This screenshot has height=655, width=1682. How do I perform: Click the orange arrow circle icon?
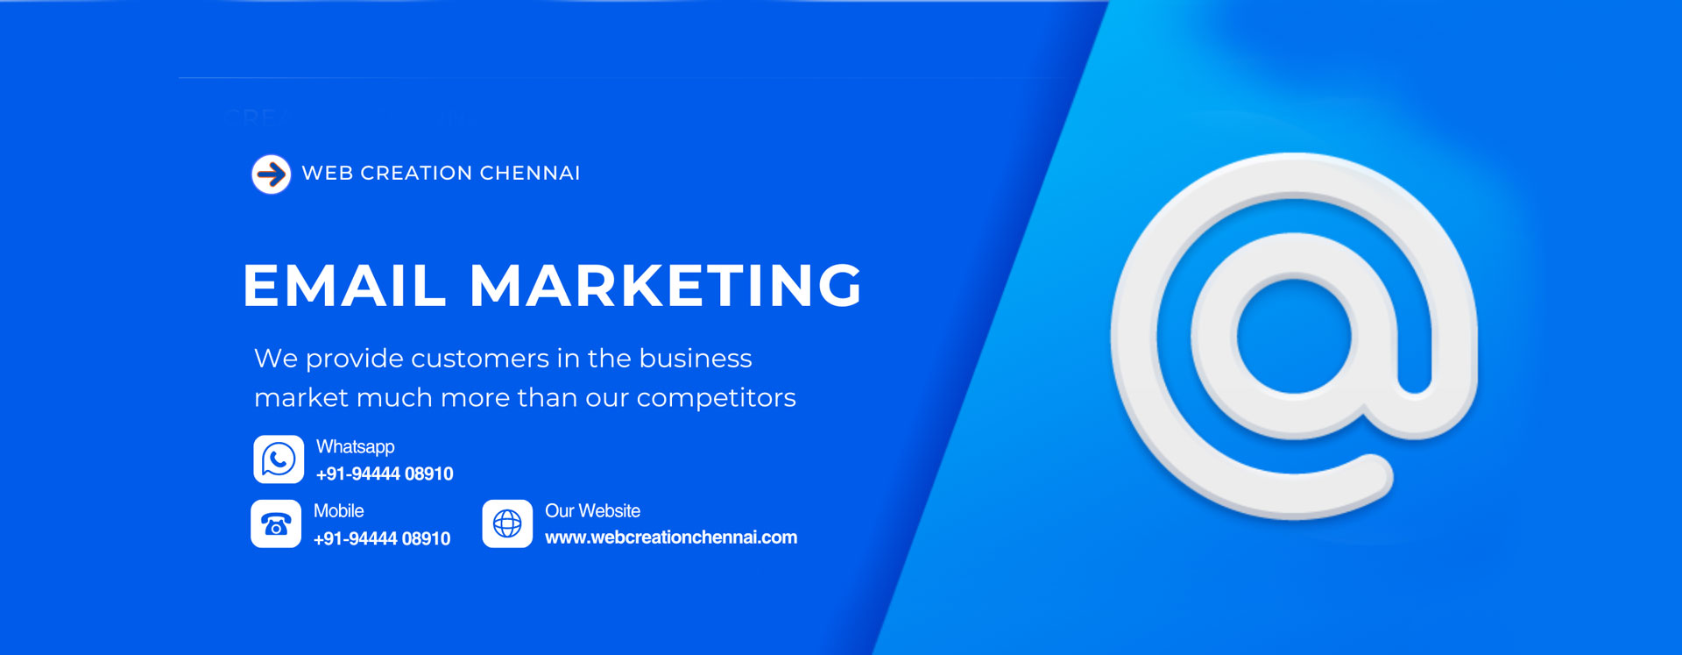click(x=272, y=174)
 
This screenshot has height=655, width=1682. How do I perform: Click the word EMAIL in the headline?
click(x=344, y=286)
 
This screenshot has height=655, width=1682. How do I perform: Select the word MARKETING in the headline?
click(x=666, y=286)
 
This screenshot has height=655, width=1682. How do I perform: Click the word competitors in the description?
click(x=716, y=399)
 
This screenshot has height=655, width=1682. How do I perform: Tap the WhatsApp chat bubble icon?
click(x=279, y=459)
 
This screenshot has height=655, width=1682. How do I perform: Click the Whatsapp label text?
click(x=356, y=447)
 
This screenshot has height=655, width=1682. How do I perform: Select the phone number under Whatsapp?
click(x=385, y=474)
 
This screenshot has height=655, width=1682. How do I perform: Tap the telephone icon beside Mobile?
click(x=276, y=524)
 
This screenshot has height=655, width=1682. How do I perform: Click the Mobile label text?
click(x=339, y=511)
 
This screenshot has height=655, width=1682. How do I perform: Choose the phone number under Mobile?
click(x=382, y=539)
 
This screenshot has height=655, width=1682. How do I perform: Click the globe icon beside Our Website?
click(x=507, y=524)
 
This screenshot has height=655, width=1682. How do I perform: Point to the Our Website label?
click(x=593, y=511)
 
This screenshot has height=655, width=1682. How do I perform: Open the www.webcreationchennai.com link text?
click(x=671, y=538)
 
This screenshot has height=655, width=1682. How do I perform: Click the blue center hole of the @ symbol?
click(x=1294, y=337)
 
